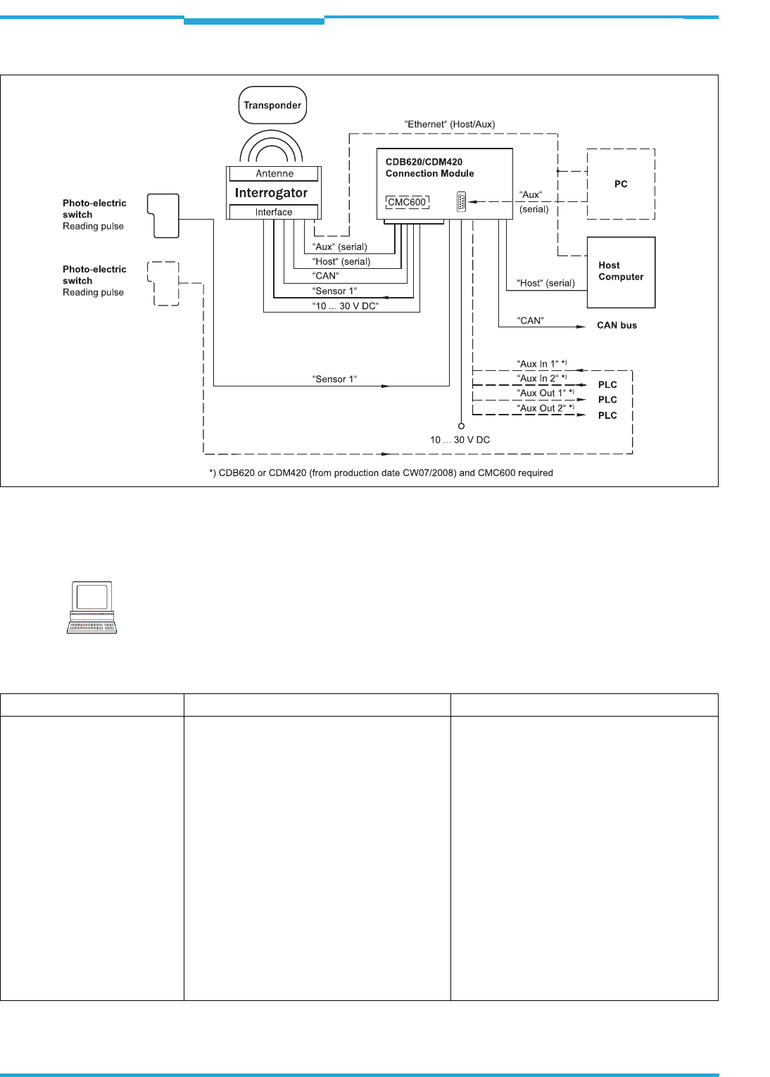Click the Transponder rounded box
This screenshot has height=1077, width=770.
(272, 106)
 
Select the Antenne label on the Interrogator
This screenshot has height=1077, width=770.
(274, 174)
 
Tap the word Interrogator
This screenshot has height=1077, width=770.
(271, 193)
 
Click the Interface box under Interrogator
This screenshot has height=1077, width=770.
(274, 212)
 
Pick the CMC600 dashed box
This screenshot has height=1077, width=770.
(407, 202)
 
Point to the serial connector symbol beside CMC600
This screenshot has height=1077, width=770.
(461, 202)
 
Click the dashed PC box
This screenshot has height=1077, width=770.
(621, 184)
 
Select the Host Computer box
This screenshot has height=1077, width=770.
(621, 272)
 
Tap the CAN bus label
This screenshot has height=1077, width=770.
(617, 325)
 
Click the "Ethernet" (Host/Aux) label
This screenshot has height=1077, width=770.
(450, 125)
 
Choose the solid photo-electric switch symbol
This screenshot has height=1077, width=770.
(163, 215)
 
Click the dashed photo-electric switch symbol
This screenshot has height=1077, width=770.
(163, 284)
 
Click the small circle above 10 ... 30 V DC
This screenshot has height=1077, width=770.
(461, 426)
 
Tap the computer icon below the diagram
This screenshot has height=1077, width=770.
(92, 607)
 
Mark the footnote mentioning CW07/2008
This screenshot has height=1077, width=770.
(381, 473)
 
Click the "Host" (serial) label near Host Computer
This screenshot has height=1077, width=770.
(545, 283)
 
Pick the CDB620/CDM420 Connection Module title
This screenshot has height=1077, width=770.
(429, 168)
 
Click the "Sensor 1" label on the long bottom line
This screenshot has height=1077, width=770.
(334, 379)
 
